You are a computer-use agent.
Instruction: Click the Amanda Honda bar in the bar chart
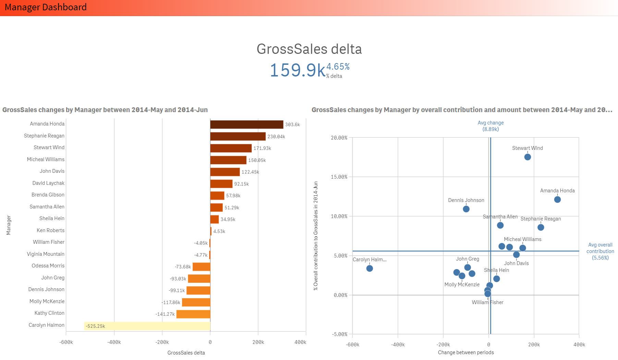[246, 124]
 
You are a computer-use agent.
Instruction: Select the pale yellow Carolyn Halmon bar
[147, 326]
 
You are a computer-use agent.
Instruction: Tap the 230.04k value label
[276, 136]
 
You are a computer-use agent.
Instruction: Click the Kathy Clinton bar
[193, 314]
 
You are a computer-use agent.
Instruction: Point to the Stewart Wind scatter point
[528, 157]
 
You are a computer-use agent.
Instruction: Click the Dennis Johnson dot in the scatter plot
[466, 209]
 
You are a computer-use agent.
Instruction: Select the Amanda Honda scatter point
[557, 200]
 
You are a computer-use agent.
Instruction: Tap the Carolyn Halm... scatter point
[369, 268]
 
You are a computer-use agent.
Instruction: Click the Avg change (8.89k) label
[490, 126]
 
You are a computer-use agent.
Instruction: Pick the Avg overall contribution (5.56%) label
[600, 251]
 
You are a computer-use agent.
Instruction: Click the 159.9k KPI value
[297, 70]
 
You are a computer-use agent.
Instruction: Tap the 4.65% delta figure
[338, 67]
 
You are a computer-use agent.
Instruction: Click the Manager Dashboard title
[46, 7]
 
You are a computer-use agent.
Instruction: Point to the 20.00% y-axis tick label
[339, 138]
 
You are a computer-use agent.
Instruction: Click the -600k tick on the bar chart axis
[66, 342]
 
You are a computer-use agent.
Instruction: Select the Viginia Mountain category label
[46, 254]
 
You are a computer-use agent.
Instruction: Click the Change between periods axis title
[466, 352]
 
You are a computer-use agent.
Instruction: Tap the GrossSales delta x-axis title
[186, 353]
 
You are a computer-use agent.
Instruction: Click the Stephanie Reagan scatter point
[541, 227]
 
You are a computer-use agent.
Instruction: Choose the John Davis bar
[225, 172]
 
